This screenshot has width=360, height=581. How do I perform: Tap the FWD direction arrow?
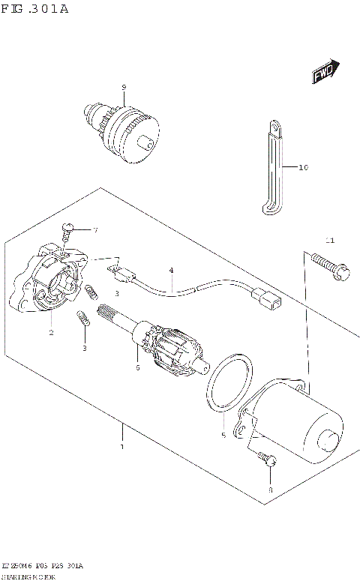coord(323,73)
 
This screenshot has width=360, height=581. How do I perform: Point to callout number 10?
coord(303,167)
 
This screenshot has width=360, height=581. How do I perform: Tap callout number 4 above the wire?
coord(171,270)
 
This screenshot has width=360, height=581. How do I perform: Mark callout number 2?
coord(50,332)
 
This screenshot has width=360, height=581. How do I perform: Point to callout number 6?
coord(137,367)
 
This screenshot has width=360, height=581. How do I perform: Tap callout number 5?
coord(223,434)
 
